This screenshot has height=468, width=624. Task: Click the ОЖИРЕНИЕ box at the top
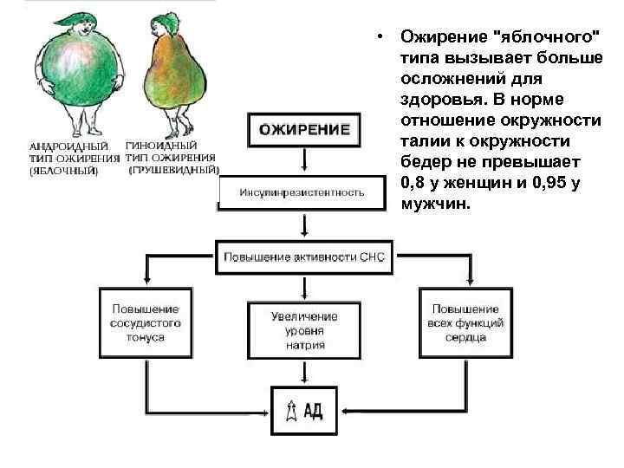click(302, 129)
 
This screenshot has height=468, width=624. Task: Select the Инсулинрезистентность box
click(302, 192)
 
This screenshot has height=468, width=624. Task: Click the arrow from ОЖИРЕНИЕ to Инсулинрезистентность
click(302, 162)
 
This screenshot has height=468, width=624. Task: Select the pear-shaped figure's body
click(179, 87)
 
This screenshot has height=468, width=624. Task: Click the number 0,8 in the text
click(414, 184)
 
